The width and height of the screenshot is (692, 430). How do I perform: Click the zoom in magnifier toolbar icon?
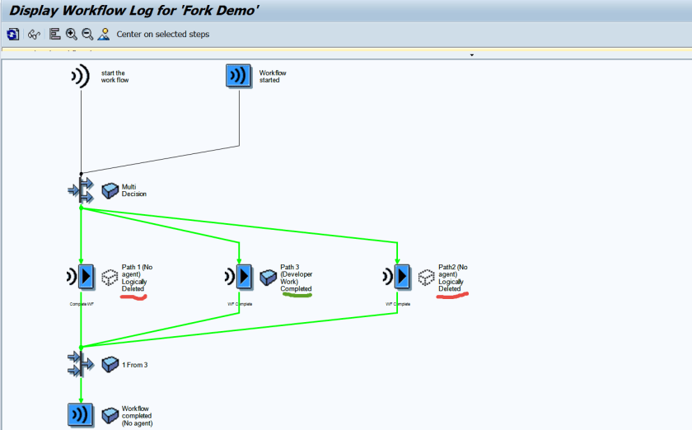[72, 34]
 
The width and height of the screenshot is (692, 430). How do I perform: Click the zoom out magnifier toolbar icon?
[87, 34]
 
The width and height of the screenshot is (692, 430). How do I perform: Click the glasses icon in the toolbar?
[34, 34]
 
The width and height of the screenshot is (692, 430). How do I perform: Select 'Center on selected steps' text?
[163, 35]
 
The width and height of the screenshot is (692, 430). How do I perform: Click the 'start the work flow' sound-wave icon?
[79, 77]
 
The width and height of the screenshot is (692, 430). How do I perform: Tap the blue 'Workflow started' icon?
[239, 77]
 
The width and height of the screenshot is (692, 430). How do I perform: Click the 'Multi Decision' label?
[134, 190]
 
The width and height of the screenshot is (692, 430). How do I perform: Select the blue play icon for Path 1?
[86, 277]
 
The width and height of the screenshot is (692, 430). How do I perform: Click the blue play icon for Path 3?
[244, 277]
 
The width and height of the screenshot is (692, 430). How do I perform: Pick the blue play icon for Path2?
[402, 277]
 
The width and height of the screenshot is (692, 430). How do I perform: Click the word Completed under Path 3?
[296, 289]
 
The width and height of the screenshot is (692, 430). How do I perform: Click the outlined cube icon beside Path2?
[426, 278]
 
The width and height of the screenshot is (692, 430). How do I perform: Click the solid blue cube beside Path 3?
[268, 278]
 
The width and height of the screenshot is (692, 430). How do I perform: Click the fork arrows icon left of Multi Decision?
[81, 190]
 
